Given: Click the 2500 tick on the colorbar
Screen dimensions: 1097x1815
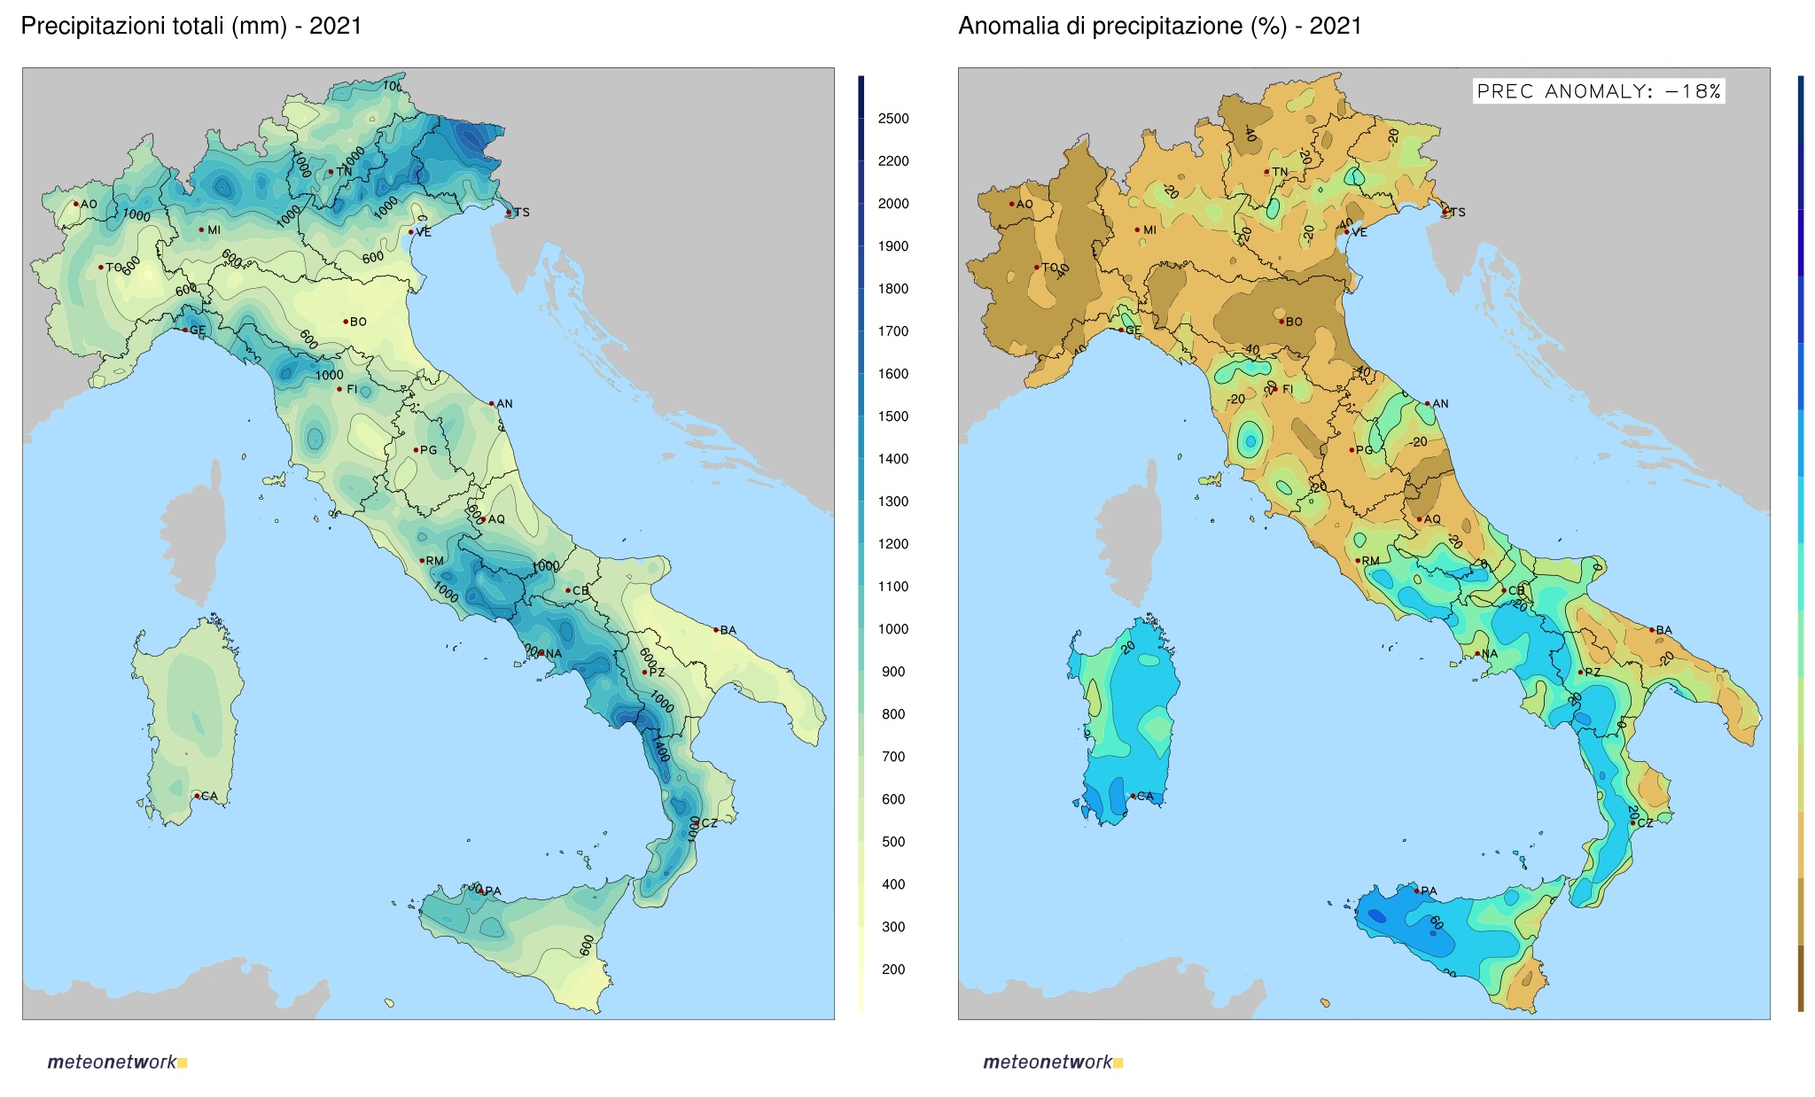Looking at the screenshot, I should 892,119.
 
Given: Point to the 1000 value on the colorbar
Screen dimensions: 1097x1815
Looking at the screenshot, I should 892,629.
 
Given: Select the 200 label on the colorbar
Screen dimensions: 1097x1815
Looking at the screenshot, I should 892,969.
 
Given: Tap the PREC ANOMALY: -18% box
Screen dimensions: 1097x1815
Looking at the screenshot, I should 1598,91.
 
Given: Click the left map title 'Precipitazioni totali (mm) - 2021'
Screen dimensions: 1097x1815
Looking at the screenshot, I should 191,26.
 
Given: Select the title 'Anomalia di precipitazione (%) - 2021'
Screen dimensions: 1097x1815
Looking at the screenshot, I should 1159,26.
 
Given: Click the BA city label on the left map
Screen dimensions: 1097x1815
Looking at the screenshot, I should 728,630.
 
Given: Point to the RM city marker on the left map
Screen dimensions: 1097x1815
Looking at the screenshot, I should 422,560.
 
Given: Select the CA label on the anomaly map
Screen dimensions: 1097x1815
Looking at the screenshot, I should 1145,796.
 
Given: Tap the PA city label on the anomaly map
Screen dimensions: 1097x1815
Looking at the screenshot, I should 1429,891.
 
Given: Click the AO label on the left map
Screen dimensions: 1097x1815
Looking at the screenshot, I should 89,204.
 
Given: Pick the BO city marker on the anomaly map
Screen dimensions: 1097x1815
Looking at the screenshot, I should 1281,321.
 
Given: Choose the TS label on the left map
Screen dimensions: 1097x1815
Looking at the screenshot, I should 522,213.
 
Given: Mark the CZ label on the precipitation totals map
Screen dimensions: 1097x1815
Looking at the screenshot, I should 709,823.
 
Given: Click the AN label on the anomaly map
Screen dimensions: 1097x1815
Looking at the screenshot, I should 1440,403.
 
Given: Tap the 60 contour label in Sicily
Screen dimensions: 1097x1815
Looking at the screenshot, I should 1436,923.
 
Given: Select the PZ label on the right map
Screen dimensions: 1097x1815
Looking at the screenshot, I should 1593,672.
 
